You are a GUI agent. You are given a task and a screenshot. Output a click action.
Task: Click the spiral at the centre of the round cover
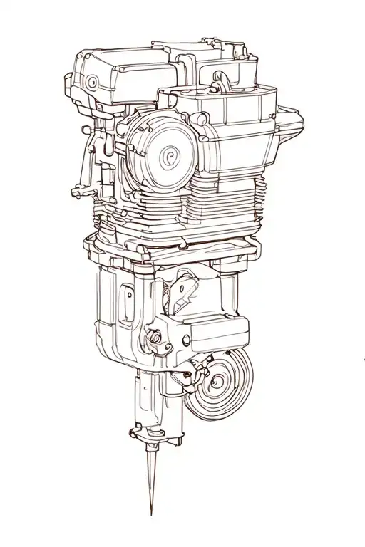point(170,156)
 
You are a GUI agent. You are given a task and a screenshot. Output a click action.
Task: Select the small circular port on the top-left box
point(92,83)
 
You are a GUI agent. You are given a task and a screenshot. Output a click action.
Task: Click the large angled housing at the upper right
point(239,135)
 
